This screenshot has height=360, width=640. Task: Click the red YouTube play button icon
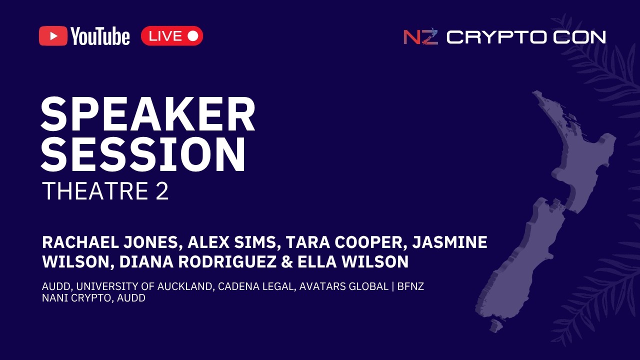coord(53,36)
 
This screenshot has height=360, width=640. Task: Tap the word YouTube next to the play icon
coord(100,36)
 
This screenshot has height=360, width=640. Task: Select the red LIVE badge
coord(172,36)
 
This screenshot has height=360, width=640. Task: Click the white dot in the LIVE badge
coord(193,36)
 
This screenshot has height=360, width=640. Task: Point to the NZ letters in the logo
coord(420,36)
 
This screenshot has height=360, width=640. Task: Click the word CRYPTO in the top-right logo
coord(497,37)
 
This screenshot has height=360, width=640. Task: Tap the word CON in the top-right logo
coord(579,37)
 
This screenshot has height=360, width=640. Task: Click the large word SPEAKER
coord(148,114)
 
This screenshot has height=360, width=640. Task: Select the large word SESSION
coord(143,154)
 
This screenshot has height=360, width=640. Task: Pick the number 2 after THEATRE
coord(162,191)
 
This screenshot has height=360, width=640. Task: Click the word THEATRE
coord(96,191)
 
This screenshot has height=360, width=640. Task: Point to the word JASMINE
coord(449,242)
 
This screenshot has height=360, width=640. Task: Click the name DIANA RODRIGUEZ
coord(197,261)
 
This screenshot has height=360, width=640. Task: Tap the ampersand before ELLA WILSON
coord(287,261)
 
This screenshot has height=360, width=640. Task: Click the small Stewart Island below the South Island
coord(496,325)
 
